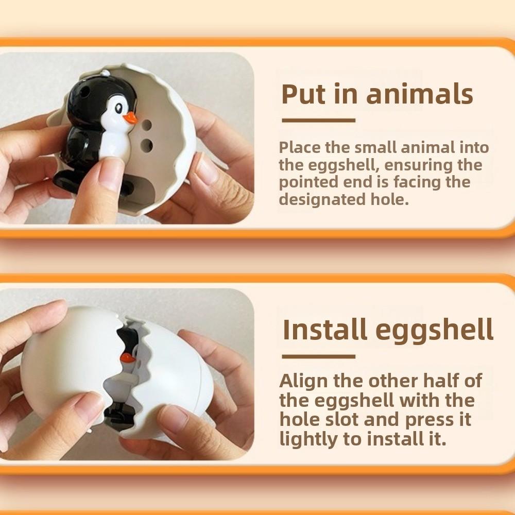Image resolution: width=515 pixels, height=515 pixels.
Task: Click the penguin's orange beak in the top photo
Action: [130, 118]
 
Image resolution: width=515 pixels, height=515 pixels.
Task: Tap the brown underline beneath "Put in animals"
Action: [318, 121]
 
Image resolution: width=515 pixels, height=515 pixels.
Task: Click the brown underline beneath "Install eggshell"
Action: [318, 356]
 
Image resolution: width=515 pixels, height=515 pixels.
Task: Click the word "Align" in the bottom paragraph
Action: [303, 381]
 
